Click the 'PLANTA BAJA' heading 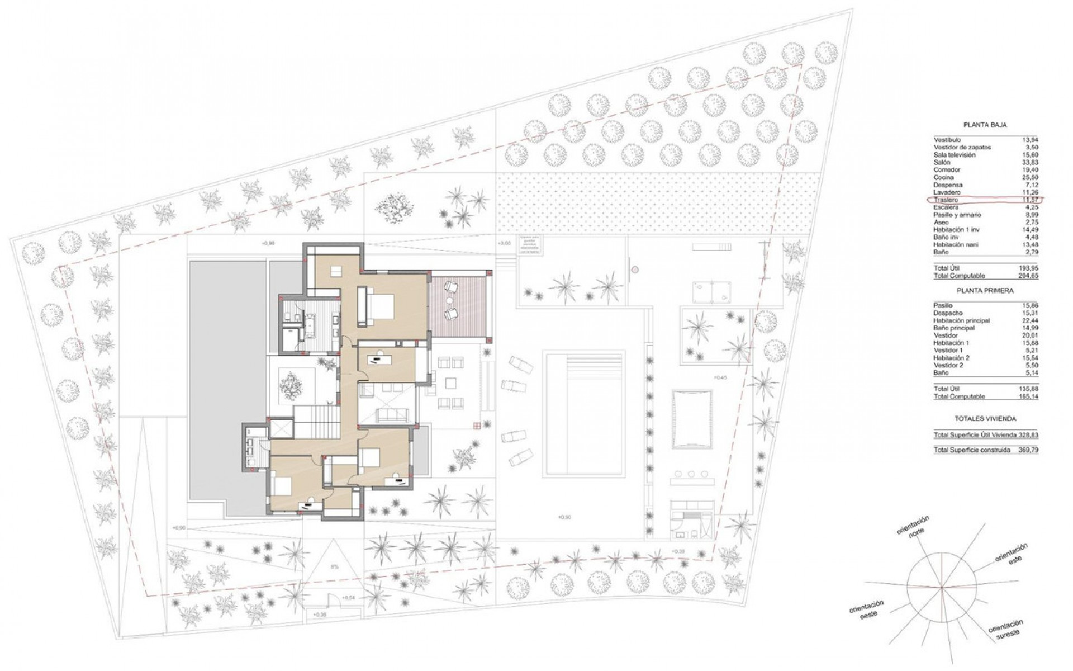coord(985,125)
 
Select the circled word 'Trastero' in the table coord(946,200)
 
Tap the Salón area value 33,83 coord(1030,162)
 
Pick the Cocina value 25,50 coord(1030,177)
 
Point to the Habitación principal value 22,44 coord(1030,320)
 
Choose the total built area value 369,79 coord(1029,450)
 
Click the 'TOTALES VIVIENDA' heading coord(985,418)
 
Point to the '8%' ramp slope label coord(335,566)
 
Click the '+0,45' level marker coord(720,377)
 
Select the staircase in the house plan coord(316,422)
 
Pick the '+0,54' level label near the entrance coord(348,598)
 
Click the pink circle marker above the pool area coord(634,270)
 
